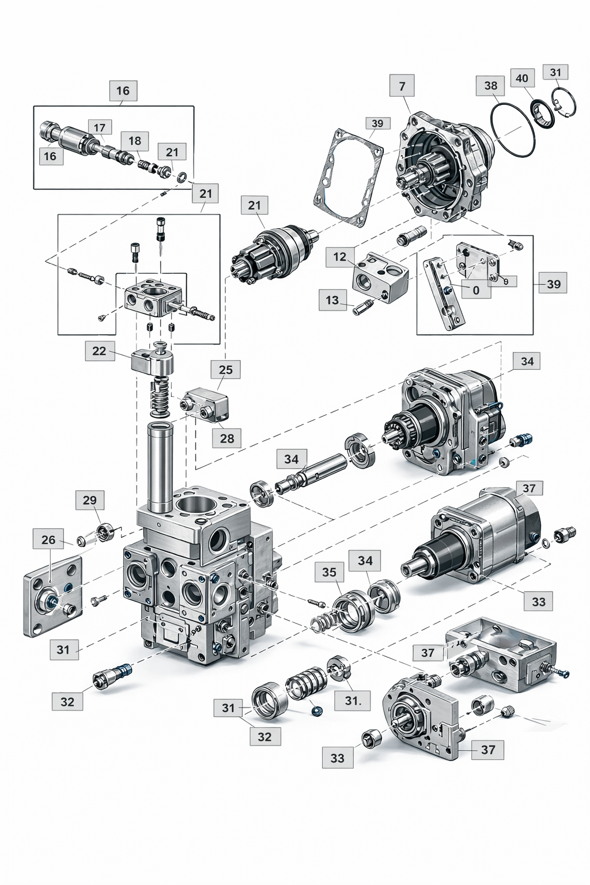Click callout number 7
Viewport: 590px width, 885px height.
pos(402,86)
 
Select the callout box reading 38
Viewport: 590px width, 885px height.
pos(490,86)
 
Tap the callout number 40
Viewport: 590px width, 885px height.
pos(521,78)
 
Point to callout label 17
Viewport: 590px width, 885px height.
pos(100,128)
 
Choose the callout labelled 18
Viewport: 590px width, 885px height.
pos(135,141)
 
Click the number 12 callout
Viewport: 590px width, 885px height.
pos(340,257)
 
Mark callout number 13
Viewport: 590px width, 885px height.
pos(332,300)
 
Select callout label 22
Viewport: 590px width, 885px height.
pos(100,351)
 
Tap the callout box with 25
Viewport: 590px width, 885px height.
pos(225,370)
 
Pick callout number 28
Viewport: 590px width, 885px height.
pos(227,438)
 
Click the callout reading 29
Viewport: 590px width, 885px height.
pos(90,500)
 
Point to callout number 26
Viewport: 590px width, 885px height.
pos(48,540)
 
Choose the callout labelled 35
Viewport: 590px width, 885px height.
pos(329,572)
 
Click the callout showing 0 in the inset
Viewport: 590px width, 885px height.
pos(476,290)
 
